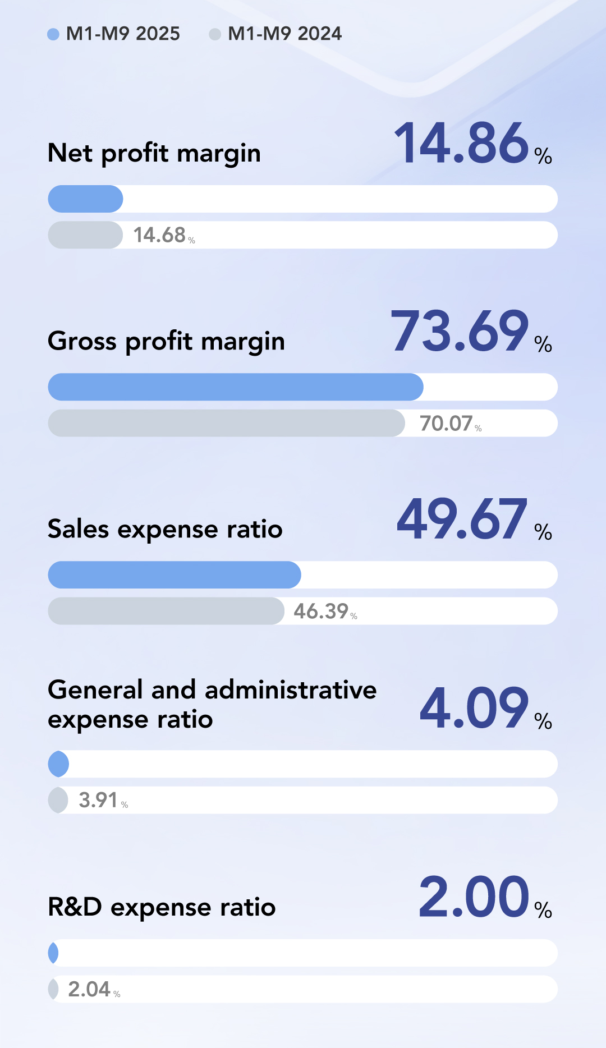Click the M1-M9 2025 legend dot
53,34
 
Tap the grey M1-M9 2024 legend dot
215,34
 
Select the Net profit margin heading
154,153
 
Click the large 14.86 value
461,144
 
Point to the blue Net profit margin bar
85,199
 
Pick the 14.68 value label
160,235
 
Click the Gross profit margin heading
166,341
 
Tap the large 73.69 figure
460,332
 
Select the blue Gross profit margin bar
236,387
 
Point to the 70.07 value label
447,424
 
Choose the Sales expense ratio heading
165,529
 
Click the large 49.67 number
462,520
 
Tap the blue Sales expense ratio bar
175,575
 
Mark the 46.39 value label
322,612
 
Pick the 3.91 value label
98,800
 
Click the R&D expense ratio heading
162,907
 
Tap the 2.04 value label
89,989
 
